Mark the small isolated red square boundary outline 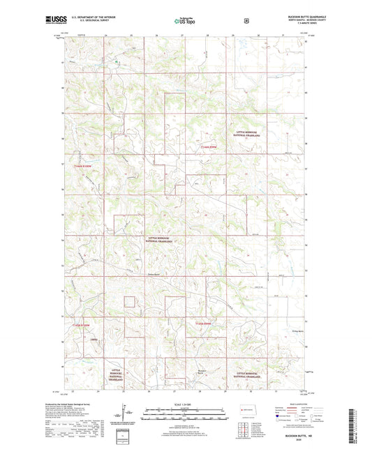(x=129, y=302)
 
